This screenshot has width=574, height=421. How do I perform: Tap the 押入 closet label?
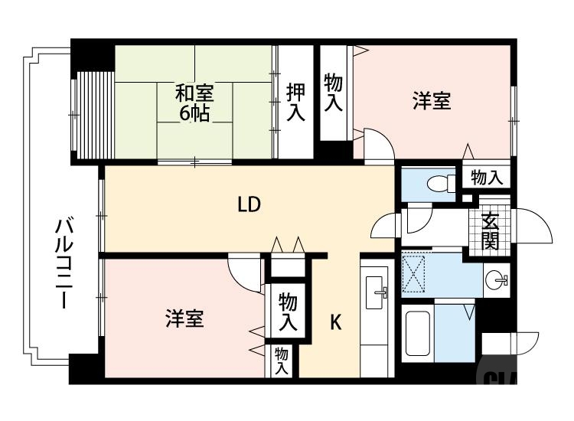click(x=295, y=102)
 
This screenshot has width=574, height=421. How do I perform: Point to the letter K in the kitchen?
click(x=335, y=323)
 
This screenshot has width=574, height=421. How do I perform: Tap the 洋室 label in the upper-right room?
click(x=432, y=101)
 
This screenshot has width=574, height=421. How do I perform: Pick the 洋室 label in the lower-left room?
click(x=184, y=318)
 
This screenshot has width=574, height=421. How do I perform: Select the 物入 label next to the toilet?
click(x=487, y=178)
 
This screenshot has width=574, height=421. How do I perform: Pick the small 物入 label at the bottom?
click(x=281, y=361)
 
